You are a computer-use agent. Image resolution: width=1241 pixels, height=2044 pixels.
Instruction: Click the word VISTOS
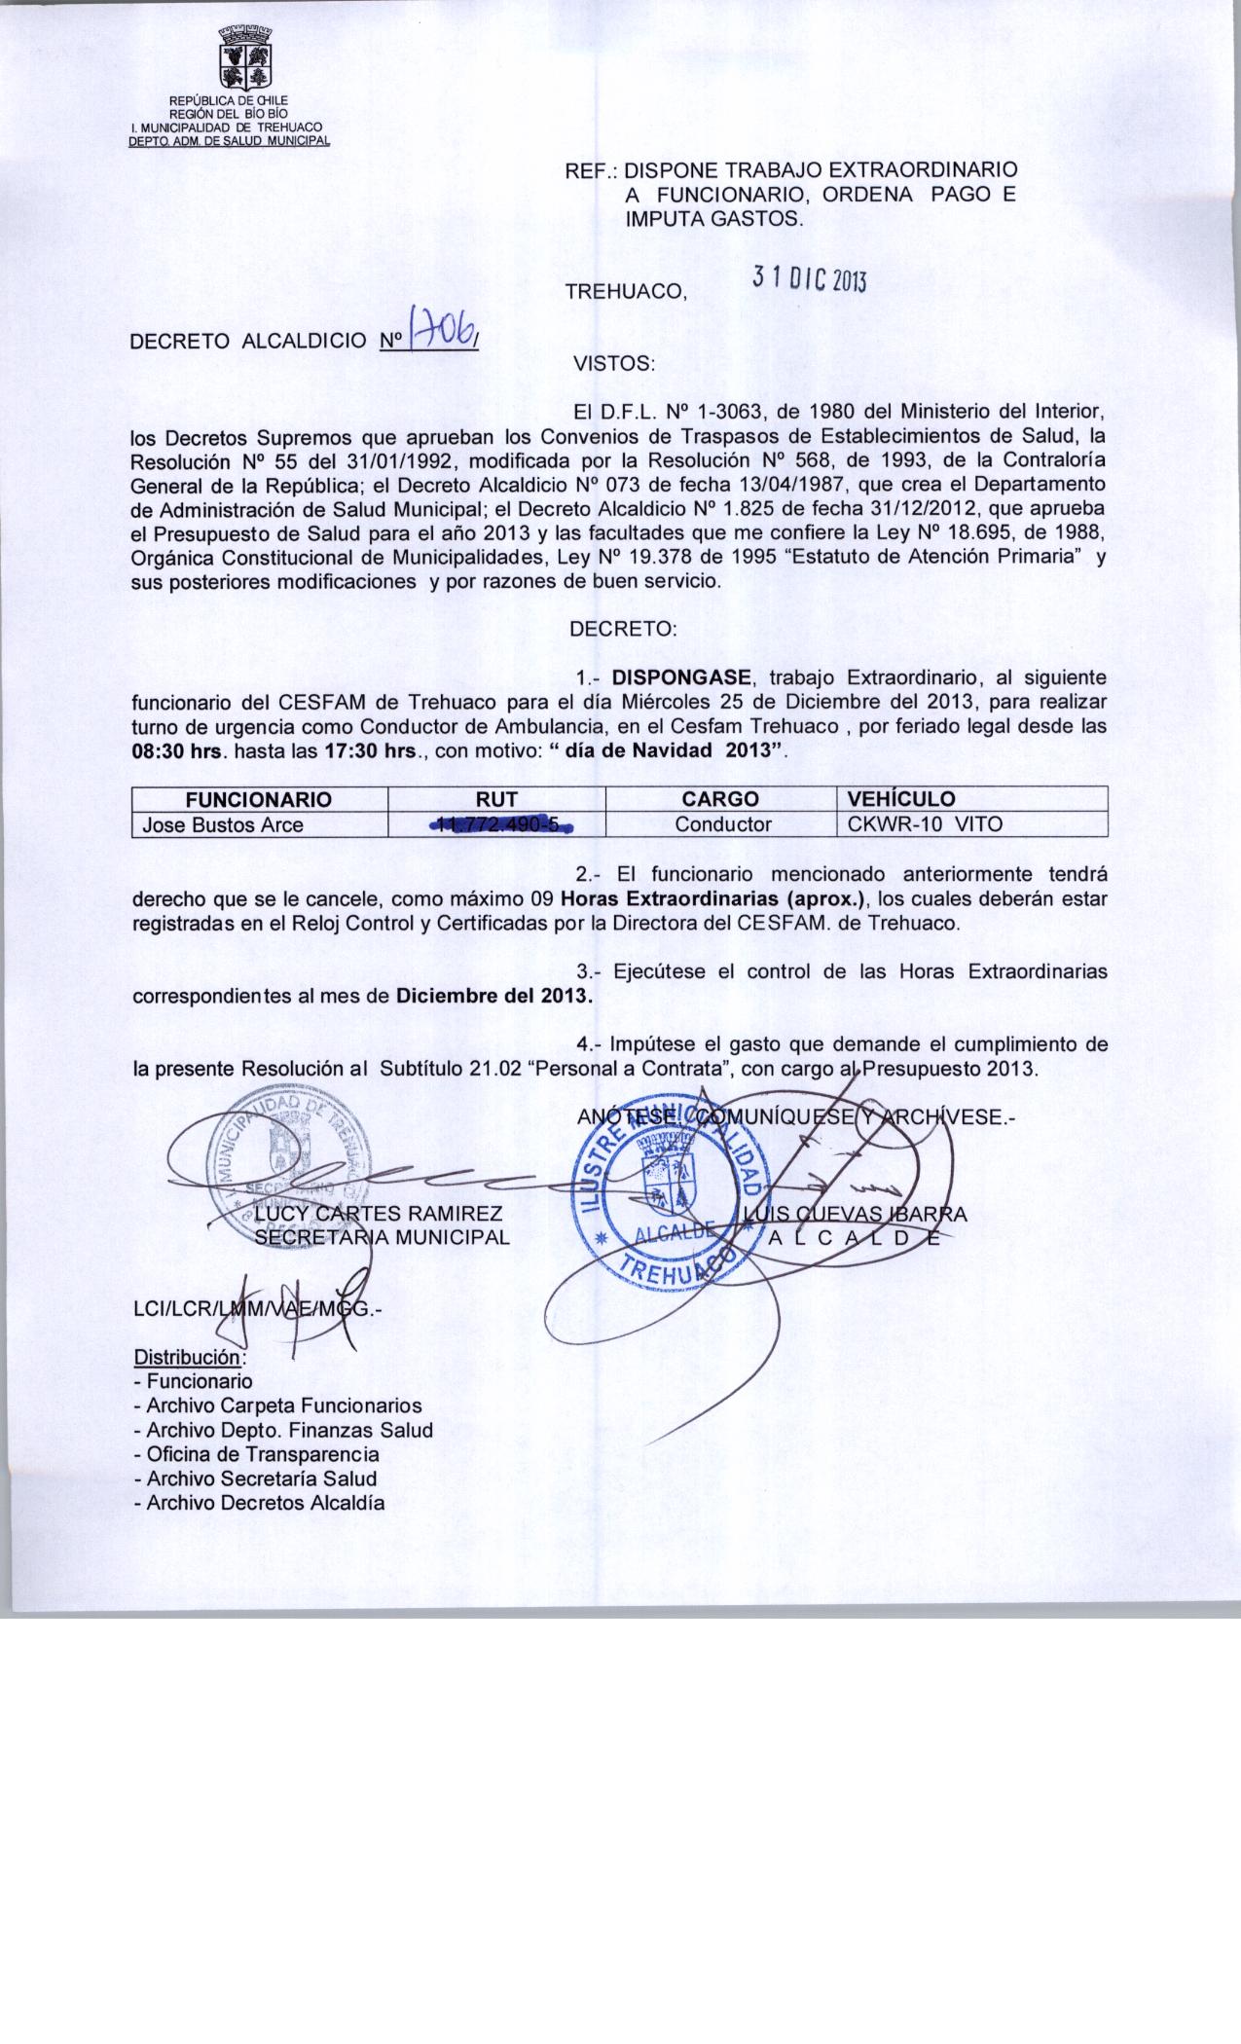pos(614,365)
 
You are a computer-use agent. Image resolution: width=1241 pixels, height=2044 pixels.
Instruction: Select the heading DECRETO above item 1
pos(623,629)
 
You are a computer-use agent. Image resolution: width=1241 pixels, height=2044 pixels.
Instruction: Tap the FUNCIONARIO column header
pos(259,799)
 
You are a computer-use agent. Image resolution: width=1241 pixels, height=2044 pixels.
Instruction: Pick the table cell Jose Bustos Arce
pos(223,825)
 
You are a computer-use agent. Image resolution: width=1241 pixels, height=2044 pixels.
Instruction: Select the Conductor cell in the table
pos(723,825)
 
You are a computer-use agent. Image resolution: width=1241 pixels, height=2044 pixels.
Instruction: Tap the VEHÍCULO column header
pos(901,799)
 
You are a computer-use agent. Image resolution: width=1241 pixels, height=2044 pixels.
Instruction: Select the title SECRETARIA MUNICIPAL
pos(382,1237)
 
